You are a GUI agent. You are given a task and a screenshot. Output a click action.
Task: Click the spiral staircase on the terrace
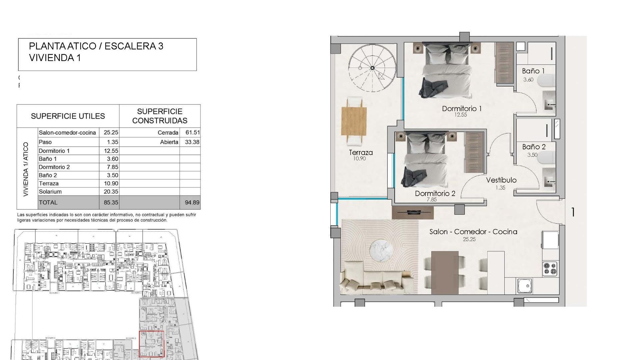tap(372, 68)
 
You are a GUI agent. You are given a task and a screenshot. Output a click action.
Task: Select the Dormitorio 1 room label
tap(462, 108)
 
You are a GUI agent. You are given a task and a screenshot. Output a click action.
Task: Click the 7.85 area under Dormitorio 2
tap(432, 200)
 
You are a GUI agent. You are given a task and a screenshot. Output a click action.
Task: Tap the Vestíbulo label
tap(501, 180)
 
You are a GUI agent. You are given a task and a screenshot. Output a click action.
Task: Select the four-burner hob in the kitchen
tap(550, 269)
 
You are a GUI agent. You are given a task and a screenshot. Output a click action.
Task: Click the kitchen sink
tap(525, 286)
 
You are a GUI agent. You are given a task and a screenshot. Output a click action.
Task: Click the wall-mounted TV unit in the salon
tap(413, 212)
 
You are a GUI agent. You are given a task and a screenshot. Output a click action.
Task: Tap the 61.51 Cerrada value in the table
tap(193, 132)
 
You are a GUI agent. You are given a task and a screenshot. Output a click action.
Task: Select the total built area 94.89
tap(192, 202)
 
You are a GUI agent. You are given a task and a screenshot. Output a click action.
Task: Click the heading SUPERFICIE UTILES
tap(68, 116)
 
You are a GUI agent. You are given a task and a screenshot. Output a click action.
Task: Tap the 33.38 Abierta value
tap(192, 142)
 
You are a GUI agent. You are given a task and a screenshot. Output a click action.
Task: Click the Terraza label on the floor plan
tap(361, 153)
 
